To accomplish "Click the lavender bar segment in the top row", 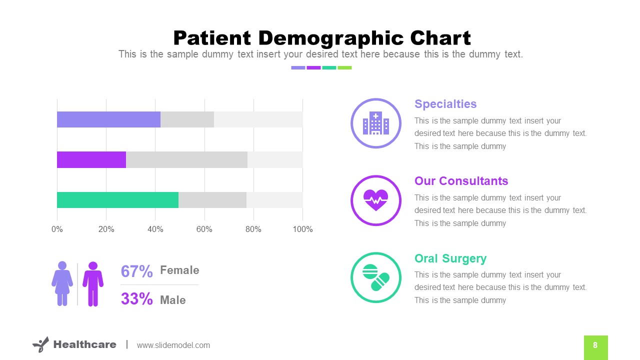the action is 108,119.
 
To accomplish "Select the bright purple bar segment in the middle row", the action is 91,159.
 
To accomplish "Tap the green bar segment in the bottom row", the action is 117,200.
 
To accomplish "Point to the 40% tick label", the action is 155,229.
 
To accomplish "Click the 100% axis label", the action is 302,229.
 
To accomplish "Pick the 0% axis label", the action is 57,229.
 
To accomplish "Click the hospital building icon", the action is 375,123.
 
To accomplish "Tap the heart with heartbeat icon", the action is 375,200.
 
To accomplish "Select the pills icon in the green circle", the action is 375,277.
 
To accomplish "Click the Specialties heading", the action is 445,104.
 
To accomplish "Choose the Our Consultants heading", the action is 461,181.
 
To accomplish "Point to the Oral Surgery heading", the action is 450,258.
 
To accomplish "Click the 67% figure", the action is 136,271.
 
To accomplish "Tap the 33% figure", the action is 136,298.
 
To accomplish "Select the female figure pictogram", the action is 62,283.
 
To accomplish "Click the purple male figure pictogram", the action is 93,284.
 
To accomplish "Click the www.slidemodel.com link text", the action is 173,345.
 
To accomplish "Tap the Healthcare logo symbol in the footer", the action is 40,344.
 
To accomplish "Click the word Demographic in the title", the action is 330,38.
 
